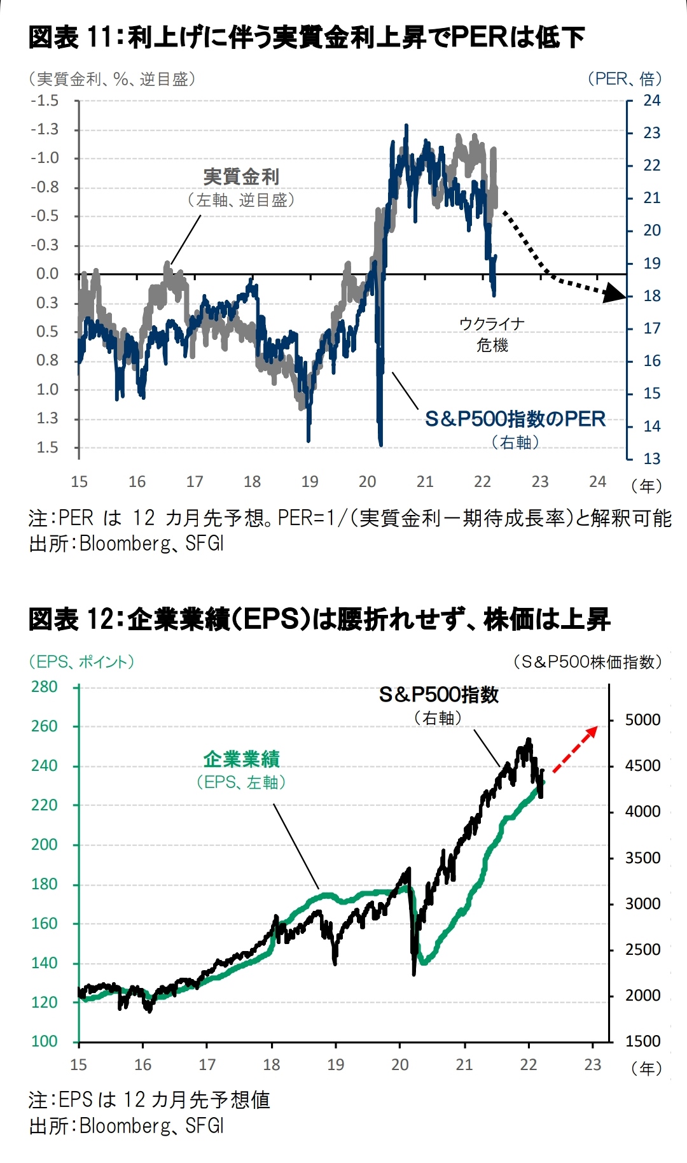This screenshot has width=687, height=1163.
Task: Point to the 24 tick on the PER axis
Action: [x=651, y=101]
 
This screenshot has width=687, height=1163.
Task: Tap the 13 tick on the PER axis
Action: [x=651, y=458]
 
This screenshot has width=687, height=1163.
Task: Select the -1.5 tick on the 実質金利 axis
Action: [x=45, y=101]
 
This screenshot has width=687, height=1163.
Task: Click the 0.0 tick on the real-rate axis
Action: [x=47, y=274]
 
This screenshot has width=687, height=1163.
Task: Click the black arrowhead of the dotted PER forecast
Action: [x=615, y=293]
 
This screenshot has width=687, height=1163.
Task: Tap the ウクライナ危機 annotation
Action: [x=492, y=334]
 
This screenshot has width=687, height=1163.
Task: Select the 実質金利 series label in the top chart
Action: [x=241, y=177]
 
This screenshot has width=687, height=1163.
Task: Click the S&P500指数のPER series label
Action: [x=515, y=419]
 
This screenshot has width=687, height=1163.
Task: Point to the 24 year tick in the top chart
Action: [x=597, y=482]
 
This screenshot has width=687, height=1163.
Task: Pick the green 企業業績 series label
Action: [x=241, y=759]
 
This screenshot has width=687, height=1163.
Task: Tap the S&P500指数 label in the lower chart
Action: [x=439, y=694]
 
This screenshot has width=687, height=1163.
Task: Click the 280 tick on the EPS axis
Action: [x=45, y=687]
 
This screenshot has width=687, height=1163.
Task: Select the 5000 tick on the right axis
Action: [x=642, y=720]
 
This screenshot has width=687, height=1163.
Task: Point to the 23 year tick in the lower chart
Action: [x=592, y=1064]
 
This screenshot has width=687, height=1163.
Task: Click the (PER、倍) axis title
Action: [x=624, y=79]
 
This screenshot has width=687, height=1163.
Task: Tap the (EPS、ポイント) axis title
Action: [x=81, y=661]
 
